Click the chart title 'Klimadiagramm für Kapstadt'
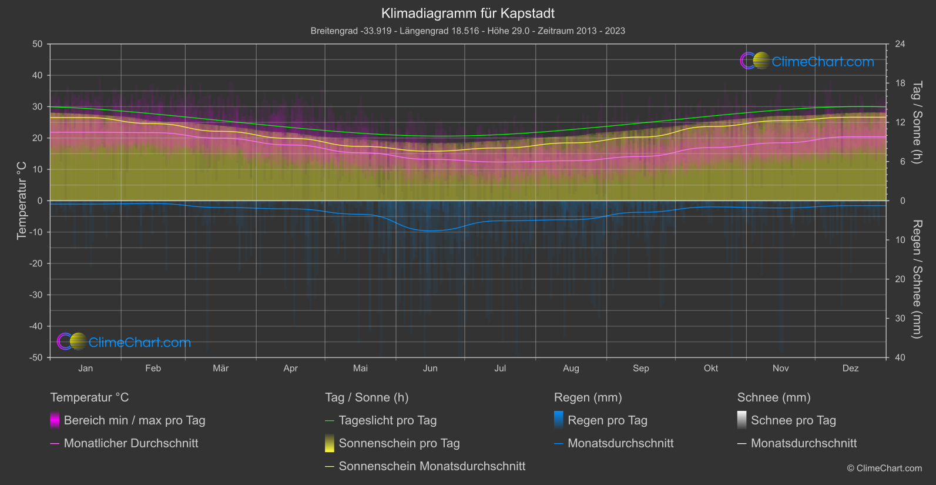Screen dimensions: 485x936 click(468, 14)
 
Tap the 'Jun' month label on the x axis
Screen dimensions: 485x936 click(430, 369)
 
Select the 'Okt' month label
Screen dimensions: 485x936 click(710, 369)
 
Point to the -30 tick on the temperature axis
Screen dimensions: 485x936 click(36, 295)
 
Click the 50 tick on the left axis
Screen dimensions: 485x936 click(38, 44)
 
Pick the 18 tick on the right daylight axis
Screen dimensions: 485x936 click(900, 83)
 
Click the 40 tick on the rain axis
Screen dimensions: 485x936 click(900, 357)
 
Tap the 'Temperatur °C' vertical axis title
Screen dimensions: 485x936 click(22, 200)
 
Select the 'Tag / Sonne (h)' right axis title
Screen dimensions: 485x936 click(917, 122)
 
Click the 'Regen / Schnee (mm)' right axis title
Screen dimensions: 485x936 click(917, 279)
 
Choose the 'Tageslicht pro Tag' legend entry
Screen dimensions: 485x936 click(387, 420)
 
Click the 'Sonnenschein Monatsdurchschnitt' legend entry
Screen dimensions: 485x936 click(432, 466)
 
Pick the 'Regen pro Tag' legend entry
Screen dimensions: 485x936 click(607, 420)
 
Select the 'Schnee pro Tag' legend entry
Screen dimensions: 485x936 click(793, 420)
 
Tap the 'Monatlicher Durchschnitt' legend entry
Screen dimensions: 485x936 click(130, 443)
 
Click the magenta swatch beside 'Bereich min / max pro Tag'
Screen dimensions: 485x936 click(55, 420)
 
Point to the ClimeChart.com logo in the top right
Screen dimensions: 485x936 click(807, 61)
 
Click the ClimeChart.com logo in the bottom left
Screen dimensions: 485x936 click(124, 342)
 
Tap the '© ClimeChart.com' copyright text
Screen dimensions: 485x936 click(884, 469)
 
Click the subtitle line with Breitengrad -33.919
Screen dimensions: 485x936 click(468, 31)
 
